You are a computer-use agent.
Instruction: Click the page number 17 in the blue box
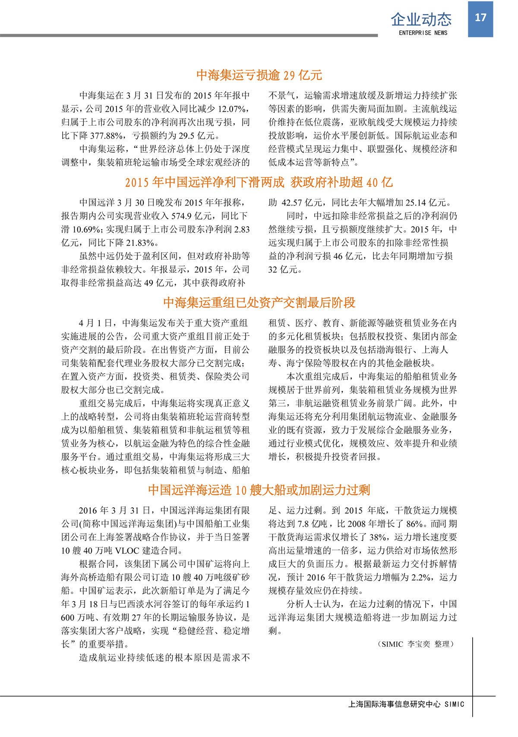coord(480,18)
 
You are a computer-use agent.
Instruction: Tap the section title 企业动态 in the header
coord(421,19)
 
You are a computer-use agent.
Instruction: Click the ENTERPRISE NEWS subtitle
coord(423,33)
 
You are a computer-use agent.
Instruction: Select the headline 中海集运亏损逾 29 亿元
coord(259,75)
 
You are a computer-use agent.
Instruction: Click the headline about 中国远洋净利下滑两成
coord(259,182)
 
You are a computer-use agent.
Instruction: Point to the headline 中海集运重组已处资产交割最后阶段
coord(259,302)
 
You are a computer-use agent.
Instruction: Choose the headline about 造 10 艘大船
coord(259,490)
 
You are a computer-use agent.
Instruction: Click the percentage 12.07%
coord(233,109)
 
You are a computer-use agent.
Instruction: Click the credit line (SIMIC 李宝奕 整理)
coord(416,644)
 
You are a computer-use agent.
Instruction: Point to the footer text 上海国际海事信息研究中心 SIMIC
coord(406,704)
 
